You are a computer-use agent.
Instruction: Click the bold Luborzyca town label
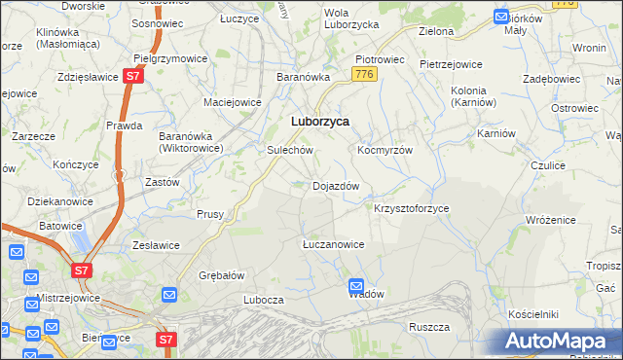[x=320, y=122]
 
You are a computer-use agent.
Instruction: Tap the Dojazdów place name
[x=336, y=186]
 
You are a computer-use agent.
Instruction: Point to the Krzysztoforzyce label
[x=412, y=209]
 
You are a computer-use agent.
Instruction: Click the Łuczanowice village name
[x=333, y=244]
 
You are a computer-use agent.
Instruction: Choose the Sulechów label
[x=289, y=151]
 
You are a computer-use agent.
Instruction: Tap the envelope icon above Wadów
[x=356, y=286]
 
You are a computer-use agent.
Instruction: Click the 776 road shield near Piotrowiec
[x=365, y=74]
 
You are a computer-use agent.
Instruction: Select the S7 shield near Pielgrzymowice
[x=134, y=76]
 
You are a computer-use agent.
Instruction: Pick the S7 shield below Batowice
[x=82, y=270]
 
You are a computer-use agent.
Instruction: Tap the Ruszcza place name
[x=428, y=327]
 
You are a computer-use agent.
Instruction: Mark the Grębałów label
[x=221, y=274]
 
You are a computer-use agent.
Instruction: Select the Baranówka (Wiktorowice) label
[x=192, y=142]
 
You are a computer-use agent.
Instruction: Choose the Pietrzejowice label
[x=451, y=64]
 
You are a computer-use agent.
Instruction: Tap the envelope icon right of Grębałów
[x=168, y=294]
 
